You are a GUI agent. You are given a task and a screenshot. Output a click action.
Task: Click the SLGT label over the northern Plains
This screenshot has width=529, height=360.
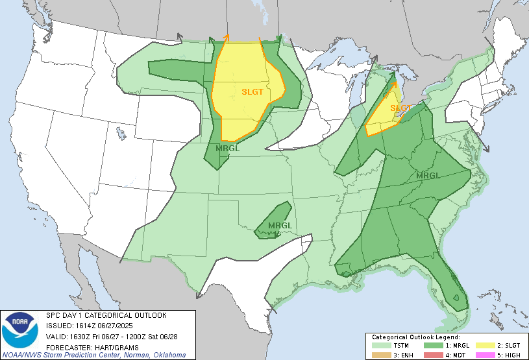pos(252,91)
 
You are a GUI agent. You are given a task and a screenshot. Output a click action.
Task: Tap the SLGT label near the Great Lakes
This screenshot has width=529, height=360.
pos(400,108)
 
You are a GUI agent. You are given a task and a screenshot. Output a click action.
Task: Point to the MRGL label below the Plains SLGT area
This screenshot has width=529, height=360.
pos(227,148)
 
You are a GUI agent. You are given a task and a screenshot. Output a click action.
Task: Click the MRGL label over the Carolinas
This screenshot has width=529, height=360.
pos(428,176)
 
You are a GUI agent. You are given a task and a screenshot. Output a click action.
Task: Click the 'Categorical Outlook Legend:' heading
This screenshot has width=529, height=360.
pos(416,337)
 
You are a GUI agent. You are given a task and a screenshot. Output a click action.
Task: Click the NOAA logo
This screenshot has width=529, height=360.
pos(20,331)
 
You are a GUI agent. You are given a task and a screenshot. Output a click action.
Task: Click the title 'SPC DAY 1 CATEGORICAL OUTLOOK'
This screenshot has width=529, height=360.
pos(106,315)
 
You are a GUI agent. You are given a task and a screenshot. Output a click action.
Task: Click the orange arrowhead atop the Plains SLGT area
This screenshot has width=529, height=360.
pos(226,37)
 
